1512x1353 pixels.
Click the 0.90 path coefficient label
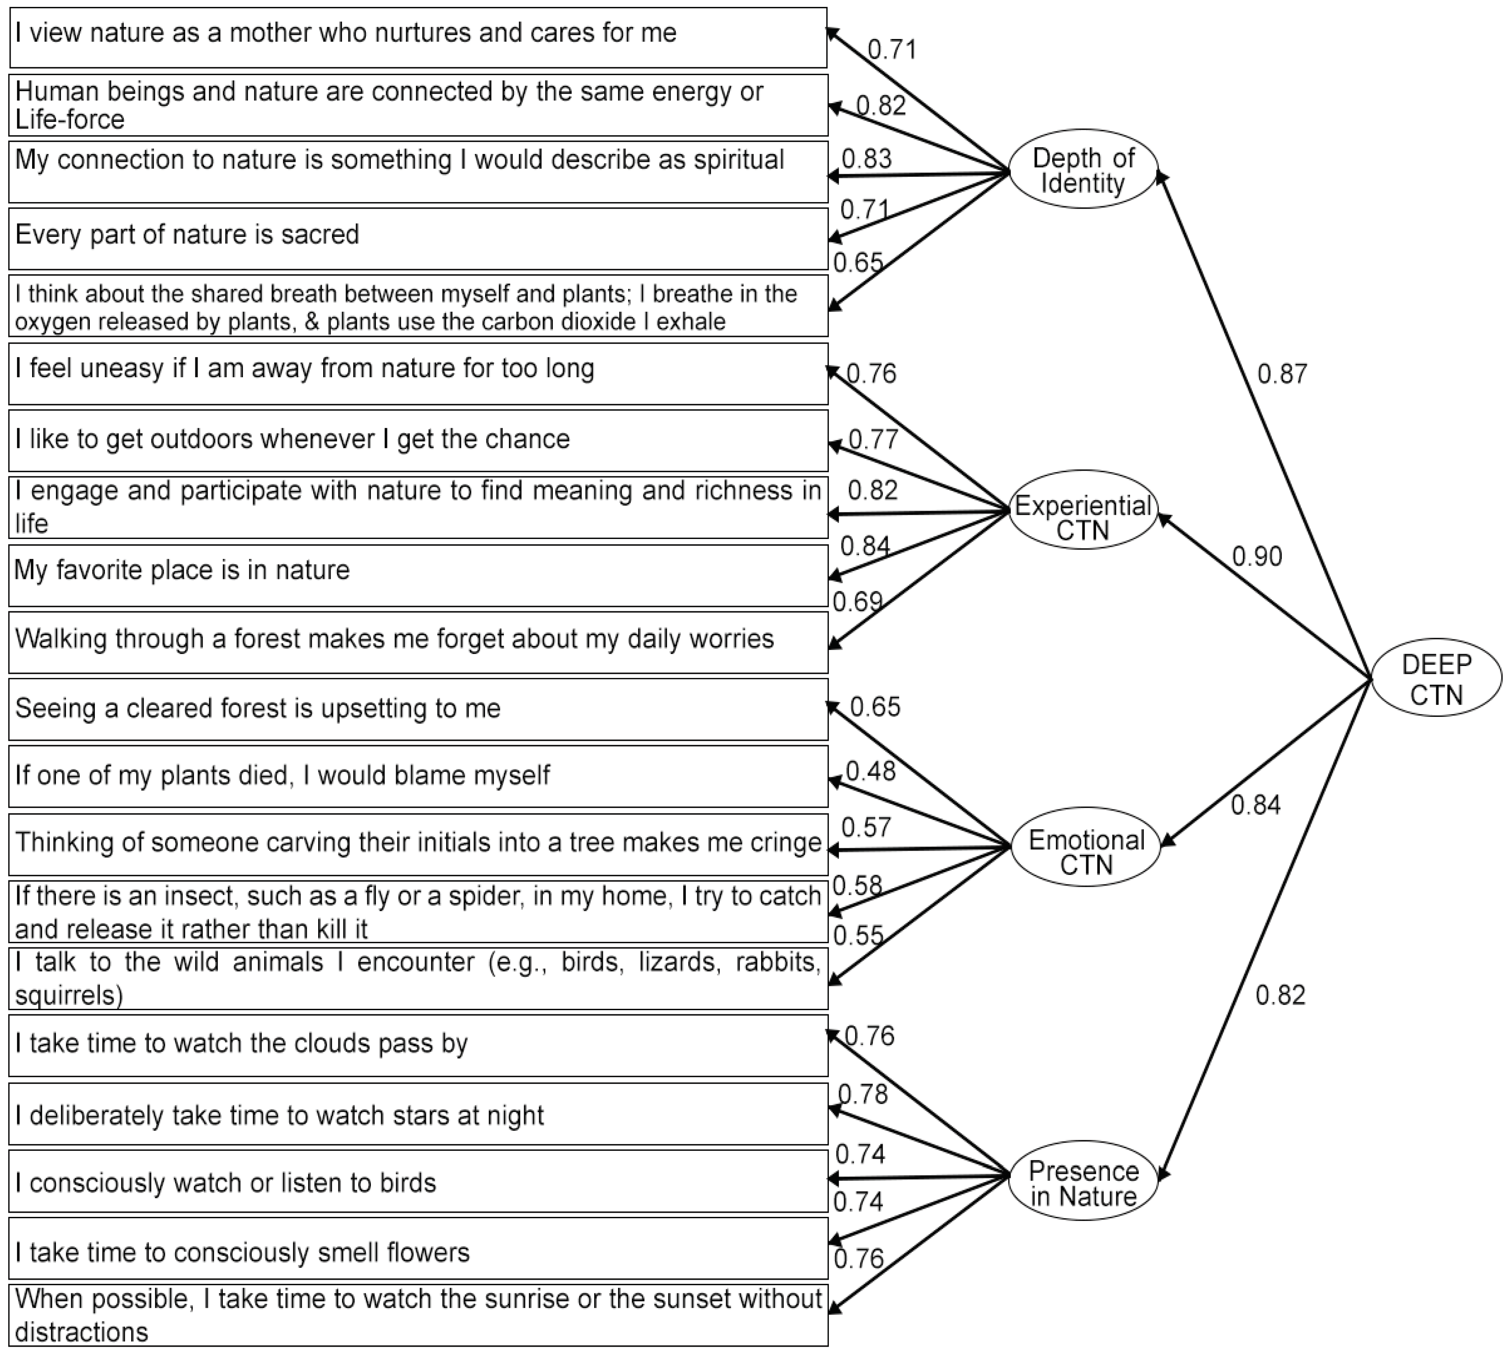click(x=1257, y=556)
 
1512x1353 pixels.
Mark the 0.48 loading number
click(x=871, y=771)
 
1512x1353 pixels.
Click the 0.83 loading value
click(x=866, y=158)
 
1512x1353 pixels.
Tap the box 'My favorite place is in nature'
click(x=418, y=575)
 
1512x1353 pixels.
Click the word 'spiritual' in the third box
click(x=739, y=160)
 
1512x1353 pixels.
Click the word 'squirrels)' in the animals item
click(x=68, y=995)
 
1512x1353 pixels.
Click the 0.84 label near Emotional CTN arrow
click(x=1255, y=804)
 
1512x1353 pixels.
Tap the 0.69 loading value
click(x=857, y=601)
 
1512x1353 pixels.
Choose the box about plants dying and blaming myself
click(x=418, y=776)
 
